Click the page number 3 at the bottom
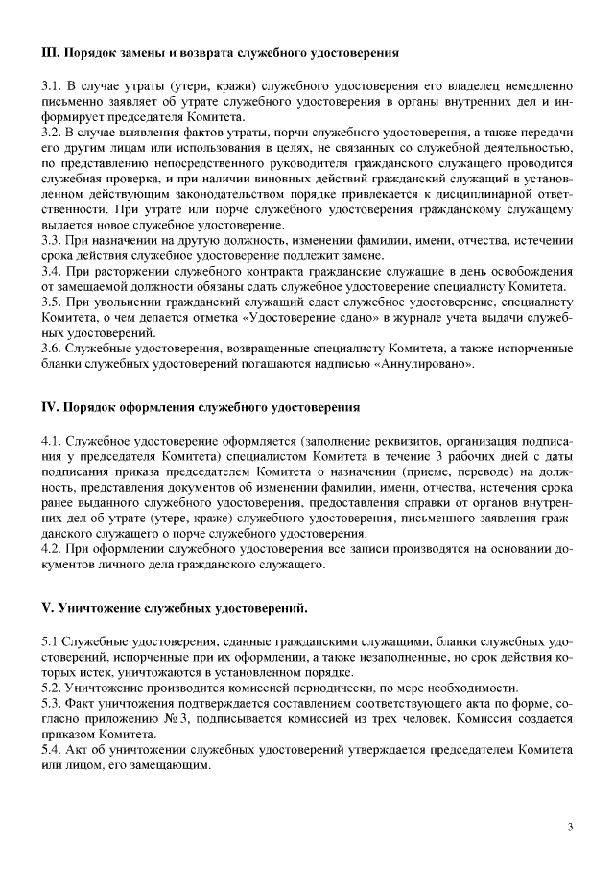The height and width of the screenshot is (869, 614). [x=569, y=826]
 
